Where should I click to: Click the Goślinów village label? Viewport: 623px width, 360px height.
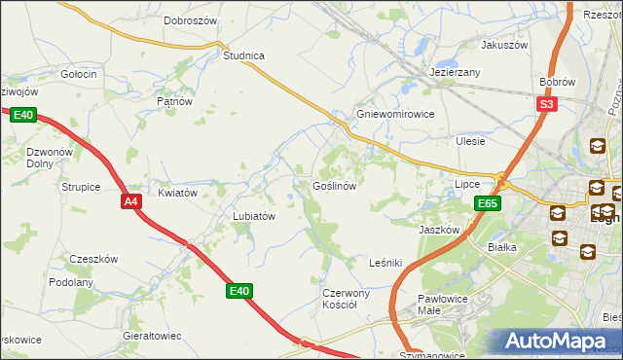point(339,185)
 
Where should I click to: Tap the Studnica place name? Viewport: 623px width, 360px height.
point(243,55)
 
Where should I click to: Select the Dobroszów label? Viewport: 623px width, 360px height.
point(190,19)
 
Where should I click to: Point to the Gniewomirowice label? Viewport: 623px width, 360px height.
point(394,113)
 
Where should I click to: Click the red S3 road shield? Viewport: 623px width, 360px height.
point(546,104)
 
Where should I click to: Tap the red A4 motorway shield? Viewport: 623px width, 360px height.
point(132,201)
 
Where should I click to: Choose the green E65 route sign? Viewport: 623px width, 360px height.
point(488,203)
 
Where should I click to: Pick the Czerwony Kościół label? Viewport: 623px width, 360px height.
point(346,299)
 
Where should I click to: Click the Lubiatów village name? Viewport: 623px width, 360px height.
point(254,216)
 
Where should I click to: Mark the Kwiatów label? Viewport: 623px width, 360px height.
point(178,193)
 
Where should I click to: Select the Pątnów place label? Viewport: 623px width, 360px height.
point(175,100)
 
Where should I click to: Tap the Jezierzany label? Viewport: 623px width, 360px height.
point(456,73)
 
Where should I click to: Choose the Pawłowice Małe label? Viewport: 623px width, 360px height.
point(444,306)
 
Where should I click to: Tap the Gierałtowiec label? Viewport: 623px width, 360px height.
point(152,335)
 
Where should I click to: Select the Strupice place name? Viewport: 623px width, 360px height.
point(81,186)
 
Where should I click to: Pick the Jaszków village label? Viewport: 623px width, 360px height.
point(439,230)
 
